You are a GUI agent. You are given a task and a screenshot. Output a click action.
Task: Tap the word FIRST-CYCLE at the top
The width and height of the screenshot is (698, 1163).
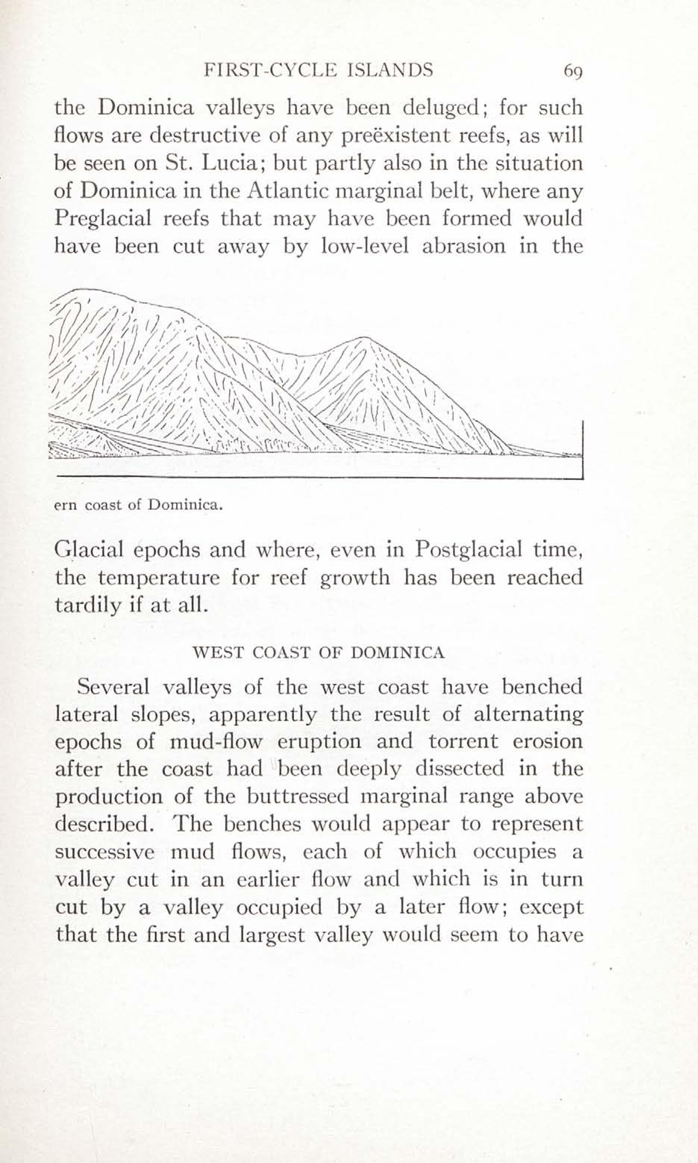pyautogui.click(x=271, y=70)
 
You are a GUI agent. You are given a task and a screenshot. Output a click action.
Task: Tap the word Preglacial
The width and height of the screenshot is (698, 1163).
pyautogui.click(x=103, y=219)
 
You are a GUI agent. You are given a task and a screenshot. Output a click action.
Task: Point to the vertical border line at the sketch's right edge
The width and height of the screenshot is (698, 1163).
pyautogui.click(x=582, y=449)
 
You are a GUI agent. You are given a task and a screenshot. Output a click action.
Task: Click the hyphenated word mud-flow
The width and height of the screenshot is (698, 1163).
pyautogui.click(x=216, y=742)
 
